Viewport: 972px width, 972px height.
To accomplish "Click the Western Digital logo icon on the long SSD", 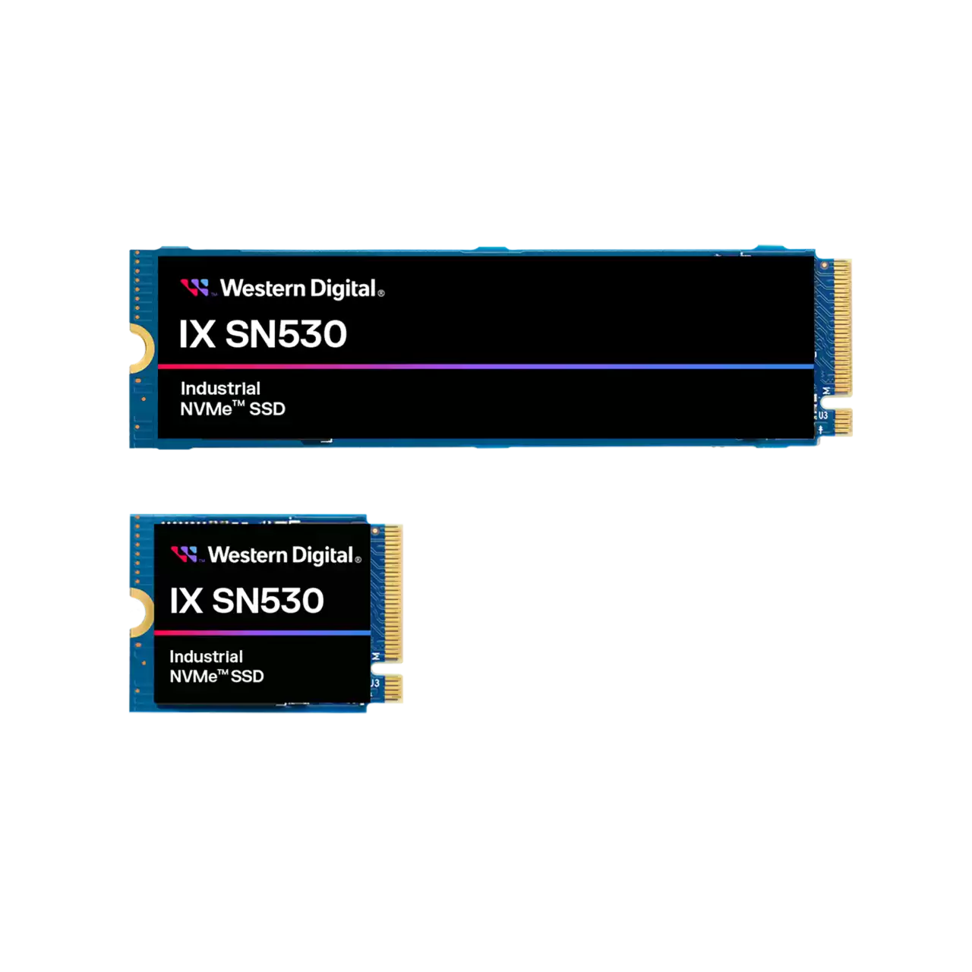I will (x=194, y=288).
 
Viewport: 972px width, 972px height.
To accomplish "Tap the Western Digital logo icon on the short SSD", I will (x=184, y=554).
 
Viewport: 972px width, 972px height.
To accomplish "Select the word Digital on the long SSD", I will (x=343, y=289).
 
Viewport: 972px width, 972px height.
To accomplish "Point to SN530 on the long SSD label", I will (x=286, y=334).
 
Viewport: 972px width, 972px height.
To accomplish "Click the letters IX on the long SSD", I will (x=197, y=334).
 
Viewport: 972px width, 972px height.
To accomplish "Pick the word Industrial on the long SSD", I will (x=220, y=389).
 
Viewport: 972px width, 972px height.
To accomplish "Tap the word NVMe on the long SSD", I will (x=206, y=409).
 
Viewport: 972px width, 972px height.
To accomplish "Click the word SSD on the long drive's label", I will (x=267, y=409).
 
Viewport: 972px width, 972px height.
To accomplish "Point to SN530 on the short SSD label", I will (x=267, y=601).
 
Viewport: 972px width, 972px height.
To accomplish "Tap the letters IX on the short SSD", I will (x=186, y=601).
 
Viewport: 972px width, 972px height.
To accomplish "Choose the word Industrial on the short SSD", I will (x=206, y=657).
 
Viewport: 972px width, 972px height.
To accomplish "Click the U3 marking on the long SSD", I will (x=822, y=415).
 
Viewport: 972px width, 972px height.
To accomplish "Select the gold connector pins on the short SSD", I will (x=393, y=592).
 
